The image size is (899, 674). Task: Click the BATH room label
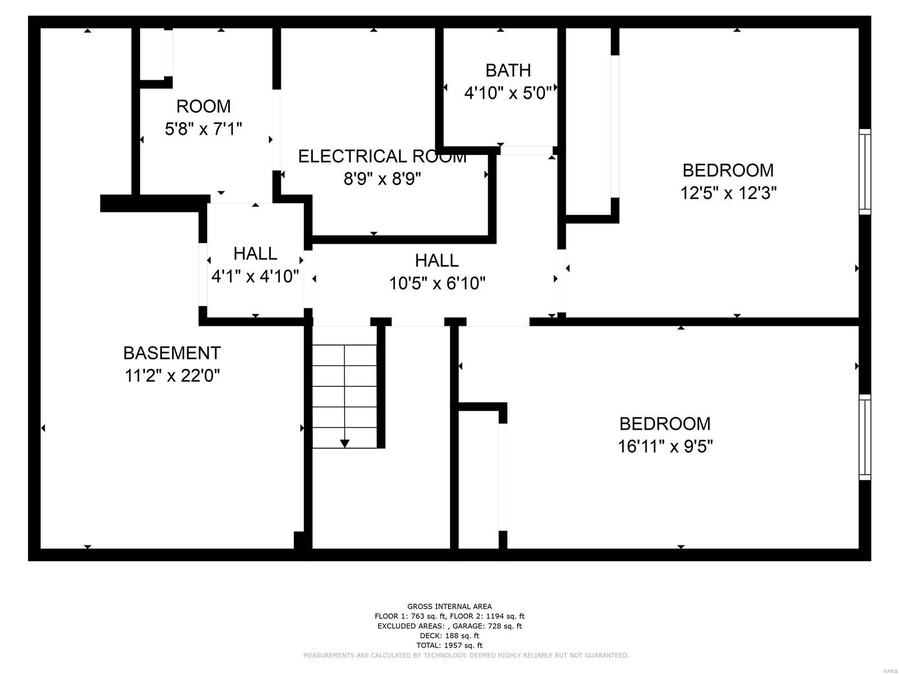508,71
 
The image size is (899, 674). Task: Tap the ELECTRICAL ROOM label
382,156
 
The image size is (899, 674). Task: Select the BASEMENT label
172,353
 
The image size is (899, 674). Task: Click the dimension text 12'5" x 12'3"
728,193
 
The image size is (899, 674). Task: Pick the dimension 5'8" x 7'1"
203,129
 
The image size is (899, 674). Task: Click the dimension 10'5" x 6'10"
437,283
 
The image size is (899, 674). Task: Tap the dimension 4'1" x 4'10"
255,276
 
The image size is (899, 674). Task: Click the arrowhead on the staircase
345,444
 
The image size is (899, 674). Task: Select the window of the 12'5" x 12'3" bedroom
865,171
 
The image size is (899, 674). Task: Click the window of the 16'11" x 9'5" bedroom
865,437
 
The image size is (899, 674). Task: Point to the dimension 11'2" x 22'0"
172,375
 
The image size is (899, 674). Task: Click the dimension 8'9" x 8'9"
382,179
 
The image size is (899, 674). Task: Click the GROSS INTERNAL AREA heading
449,607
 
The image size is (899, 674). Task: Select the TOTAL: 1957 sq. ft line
449,645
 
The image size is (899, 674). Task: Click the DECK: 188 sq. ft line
449,636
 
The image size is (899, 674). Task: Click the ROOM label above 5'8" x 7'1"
203,106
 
